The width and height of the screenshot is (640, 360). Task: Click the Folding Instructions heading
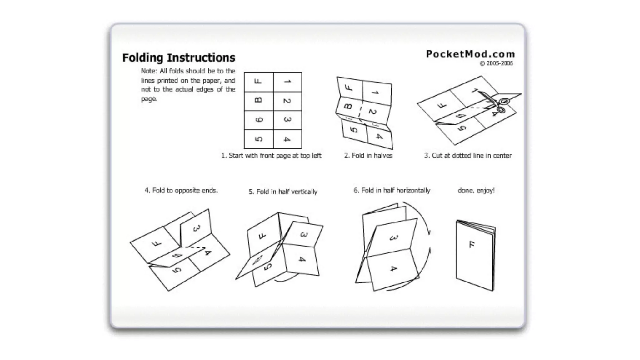(x=178, y=58)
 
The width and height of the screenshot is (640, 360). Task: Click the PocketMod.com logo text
(x=470, y=54)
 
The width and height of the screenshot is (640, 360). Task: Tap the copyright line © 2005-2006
(x=496, y=63)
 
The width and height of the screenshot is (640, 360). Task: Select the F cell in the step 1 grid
(x=258, y=82)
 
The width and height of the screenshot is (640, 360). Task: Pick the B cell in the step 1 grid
(x=258, y=101)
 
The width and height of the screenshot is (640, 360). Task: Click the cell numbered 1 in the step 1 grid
(x=287, y=82)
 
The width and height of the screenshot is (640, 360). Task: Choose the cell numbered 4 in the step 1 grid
(x=287, y=139)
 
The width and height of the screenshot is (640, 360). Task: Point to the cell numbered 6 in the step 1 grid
(x=258, y=120)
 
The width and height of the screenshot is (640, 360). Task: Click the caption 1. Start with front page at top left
(x=271, y=156)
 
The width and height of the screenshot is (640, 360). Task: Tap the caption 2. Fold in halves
(x=368, y=156)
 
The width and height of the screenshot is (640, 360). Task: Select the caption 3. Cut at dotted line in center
(x=468, y=156)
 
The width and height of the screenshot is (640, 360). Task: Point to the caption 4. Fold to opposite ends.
(x=181, y=191)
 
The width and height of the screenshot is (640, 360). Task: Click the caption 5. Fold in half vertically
(x=283, y=192)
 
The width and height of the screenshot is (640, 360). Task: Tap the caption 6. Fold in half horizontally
(x=392, y=191)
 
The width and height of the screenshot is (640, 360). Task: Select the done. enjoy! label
(x=476, y=191)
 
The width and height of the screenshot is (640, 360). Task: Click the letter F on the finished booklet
(x=472, y=244)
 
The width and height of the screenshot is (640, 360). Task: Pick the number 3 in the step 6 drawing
(x=393, y=238)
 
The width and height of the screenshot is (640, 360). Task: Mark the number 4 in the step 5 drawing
(x=302, y=259)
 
